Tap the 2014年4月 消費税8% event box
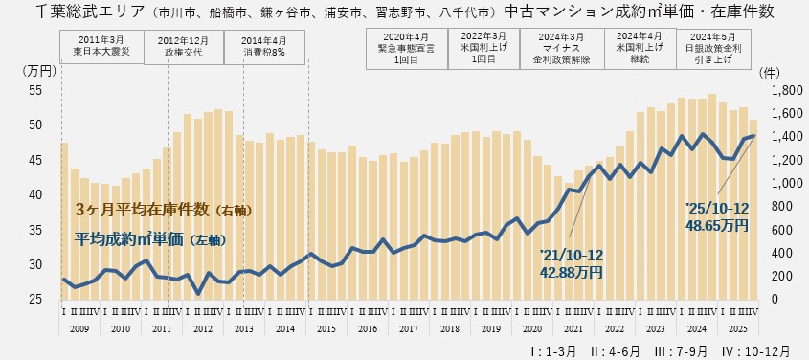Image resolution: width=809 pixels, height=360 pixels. click(265, 46)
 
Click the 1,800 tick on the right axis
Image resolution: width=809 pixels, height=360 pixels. click(777, 90)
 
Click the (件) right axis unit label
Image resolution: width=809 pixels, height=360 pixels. click(769, 71)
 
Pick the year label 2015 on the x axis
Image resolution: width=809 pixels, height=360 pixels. click(326, 328)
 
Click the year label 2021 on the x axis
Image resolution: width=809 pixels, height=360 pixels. click(573, 328)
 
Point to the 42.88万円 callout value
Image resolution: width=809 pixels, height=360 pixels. click(573, 272)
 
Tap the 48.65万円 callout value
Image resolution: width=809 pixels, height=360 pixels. click(716, 224)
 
